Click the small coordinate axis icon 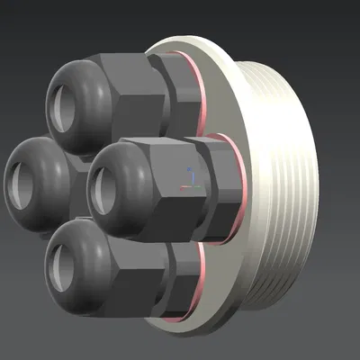(188, 179)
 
